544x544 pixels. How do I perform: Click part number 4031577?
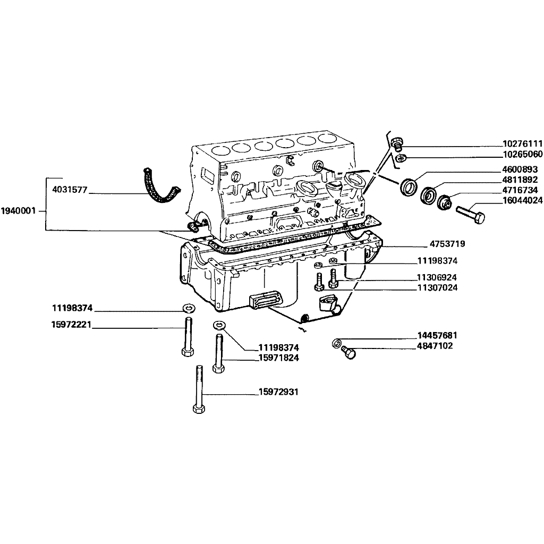[70, 190]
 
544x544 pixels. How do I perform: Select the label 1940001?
[19, 211]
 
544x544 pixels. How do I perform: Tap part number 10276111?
[523, 143]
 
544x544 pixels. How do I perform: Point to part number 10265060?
[523, 154]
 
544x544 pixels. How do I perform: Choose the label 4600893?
[520, 169]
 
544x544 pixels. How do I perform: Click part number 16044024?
[523, 200]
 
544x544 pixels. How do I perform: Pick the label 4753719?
[447, 244]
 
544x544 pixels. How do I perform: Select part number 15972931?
[278, 392]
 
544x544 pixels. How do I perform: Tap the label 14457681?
[437, 336]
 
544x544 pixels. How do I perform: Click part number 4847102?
[435, 346]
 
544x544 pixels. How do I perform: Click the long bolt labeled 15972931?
[199, 389]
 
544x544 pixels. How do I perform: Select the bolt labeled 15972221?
[188, 336]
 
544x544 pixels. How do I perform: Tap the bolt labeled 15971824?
[218, 353]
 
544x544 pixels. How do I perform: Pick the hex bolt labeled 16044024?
[471, 215]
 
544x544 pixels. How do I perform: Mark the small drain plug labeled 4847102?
[348, 352]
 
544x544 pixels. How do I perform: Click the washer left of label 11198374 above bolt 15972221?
[189, 308]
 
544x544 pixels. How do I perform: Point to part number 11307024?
[437, 287]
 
